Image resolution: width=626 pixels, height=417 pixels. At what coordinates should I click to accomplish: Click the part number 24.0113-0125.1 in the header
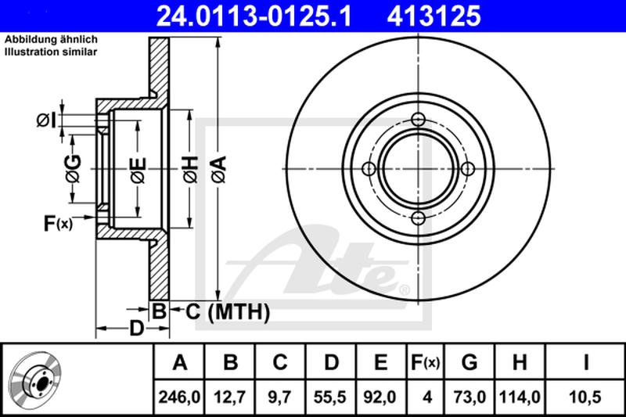[x=254, y=16]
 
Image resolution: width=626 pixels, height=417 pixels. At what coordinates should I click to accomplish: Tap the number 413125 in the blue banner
[x=434, y=16]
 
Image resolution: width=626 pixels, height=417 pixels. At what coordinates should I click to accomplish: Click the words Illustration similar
[x=51, y=52]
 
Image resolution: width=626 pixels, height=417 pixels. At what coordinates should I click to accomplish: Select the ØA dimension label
[x=220, y=169]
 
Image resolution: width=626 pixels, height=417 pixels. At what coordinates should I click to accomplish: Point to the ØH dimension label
[x=191, y=169]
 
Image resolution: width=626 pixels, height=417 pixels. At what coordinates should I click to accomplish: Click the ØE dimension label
[x=139, y=170]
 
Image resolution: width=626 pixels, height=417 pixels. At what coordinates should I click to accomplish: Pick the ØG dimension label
[x=74, y=168]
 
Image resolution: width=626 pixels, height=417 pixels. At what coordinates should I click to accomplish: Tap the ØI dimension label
[x=46, y=120]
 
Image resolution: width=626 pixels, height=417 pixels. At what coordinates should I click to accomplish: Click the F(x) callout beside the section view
[x=58, y=224]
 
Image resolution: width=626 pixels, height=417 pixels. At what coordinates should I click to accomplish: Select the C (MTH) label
[x=228, y=311]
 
